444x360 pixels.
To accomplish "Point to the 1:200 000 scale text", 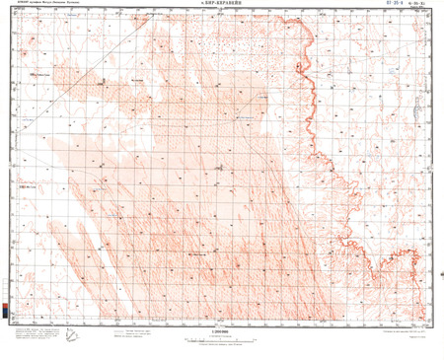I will (222, 329).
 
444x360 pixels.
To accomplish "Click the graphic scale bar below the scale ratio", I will (222, 337).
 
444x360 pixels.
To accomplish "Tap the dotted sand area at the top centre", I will (237, 39).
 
